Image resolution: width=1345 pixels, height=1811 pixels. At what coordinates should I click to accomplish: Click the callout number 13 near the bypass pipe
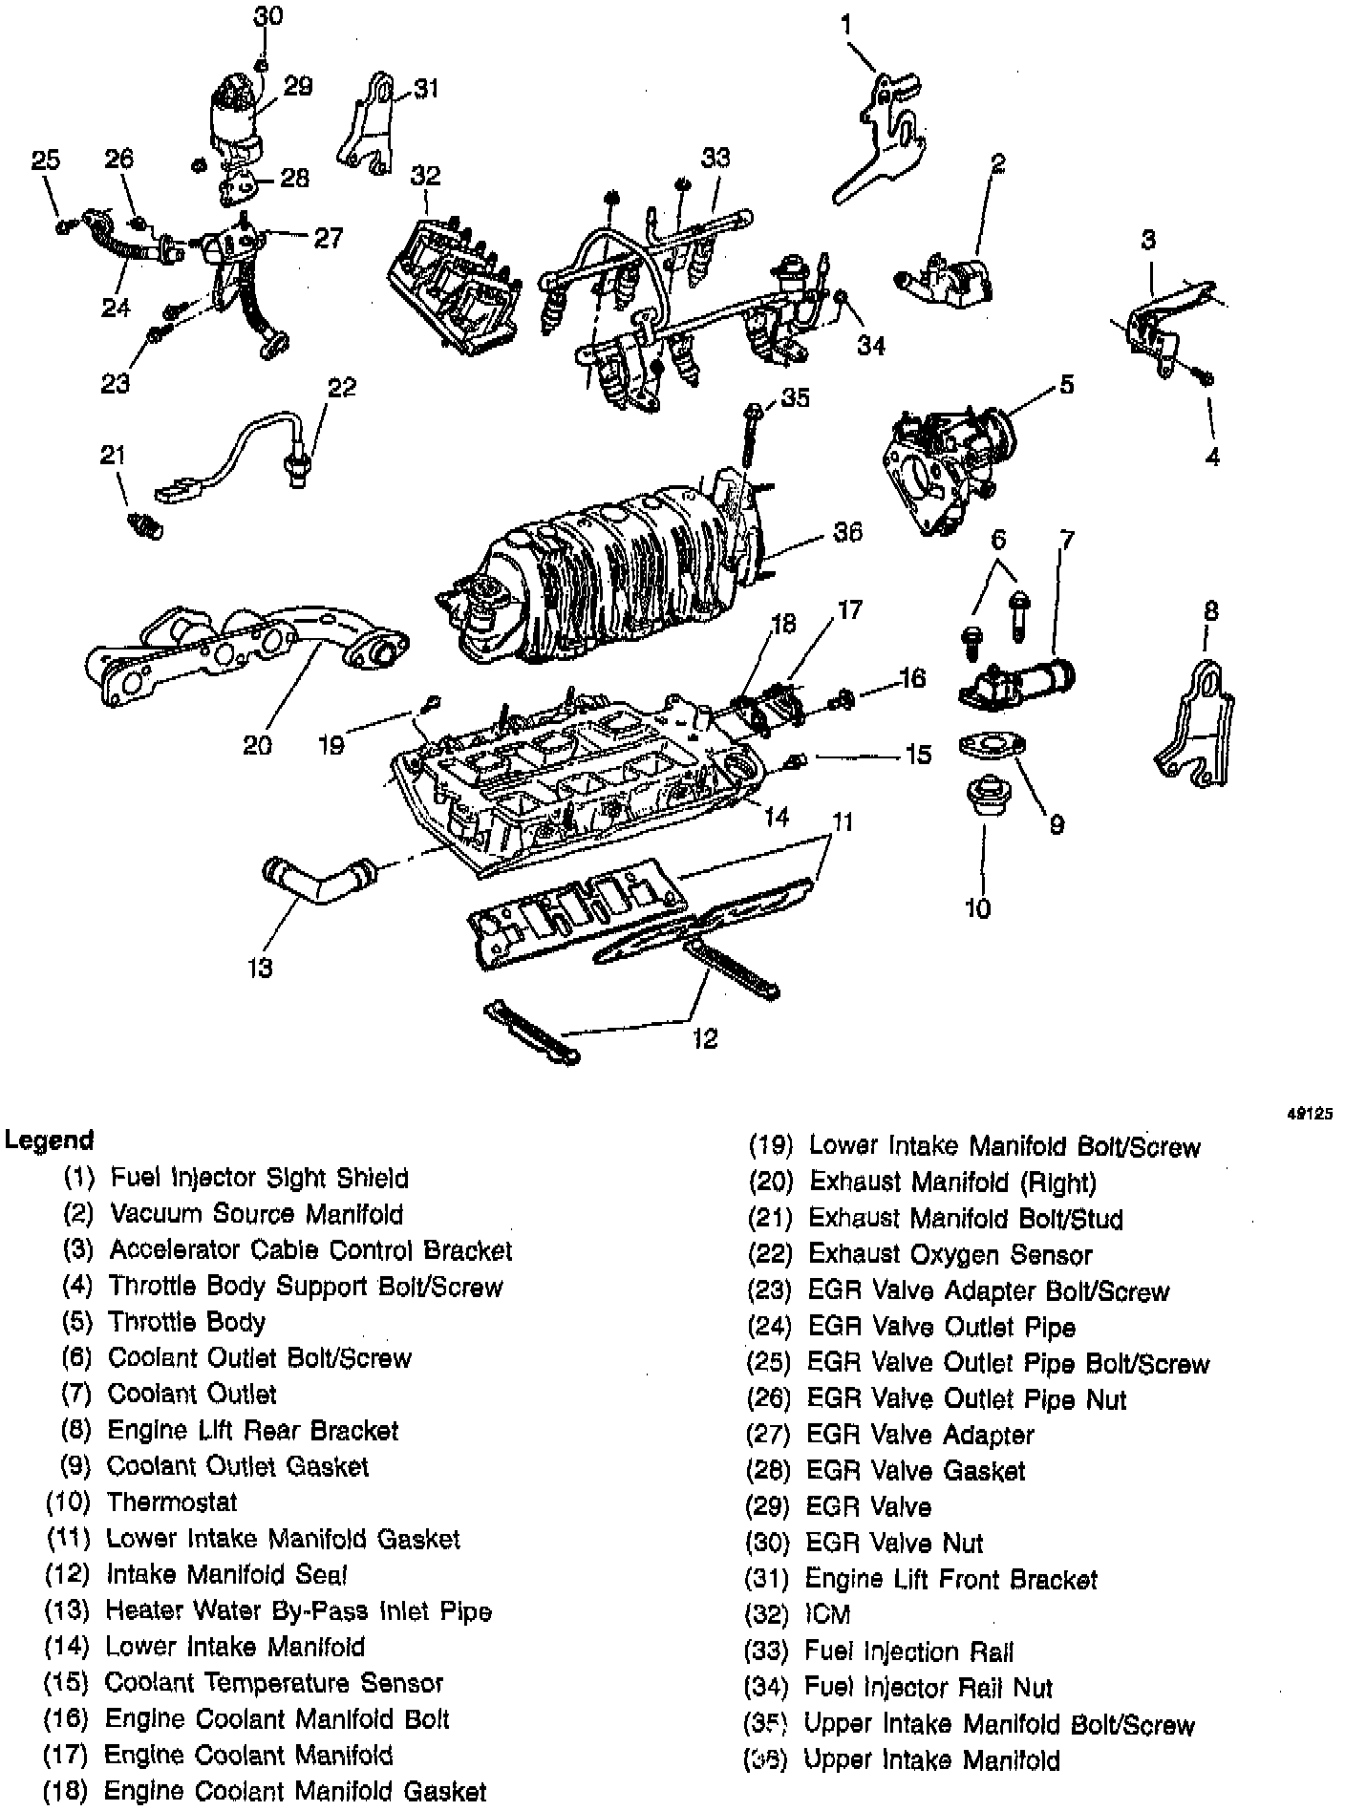click(x=260, y=968)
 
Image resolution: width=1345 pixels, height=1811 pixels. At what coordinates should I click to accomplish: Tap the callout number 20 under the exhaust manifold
click(x=257, y=745)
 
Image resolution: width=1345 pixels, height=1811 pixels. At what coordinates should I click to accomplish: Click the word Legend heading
click(x=50, y=1140)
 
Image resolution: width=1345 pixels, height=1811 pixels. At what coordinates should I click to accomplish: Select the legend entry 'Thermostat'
click(x=172, y=1502)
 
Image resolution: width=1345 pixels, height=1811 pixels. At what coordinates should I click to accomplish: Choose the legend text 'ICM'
click(x=827, y=1614)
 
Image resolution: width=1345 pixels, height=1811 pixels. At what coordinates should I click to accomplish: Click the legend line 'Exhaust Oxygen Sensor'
click(x=950, y=1254)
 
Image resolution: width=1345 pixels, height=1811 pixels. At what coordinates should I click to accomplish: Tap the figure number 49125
click(x=1318, y=1113)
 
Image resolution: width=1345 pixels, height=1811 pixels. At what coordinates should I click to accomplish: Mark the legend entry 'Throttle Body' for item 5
click(x=186, y=1322)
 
